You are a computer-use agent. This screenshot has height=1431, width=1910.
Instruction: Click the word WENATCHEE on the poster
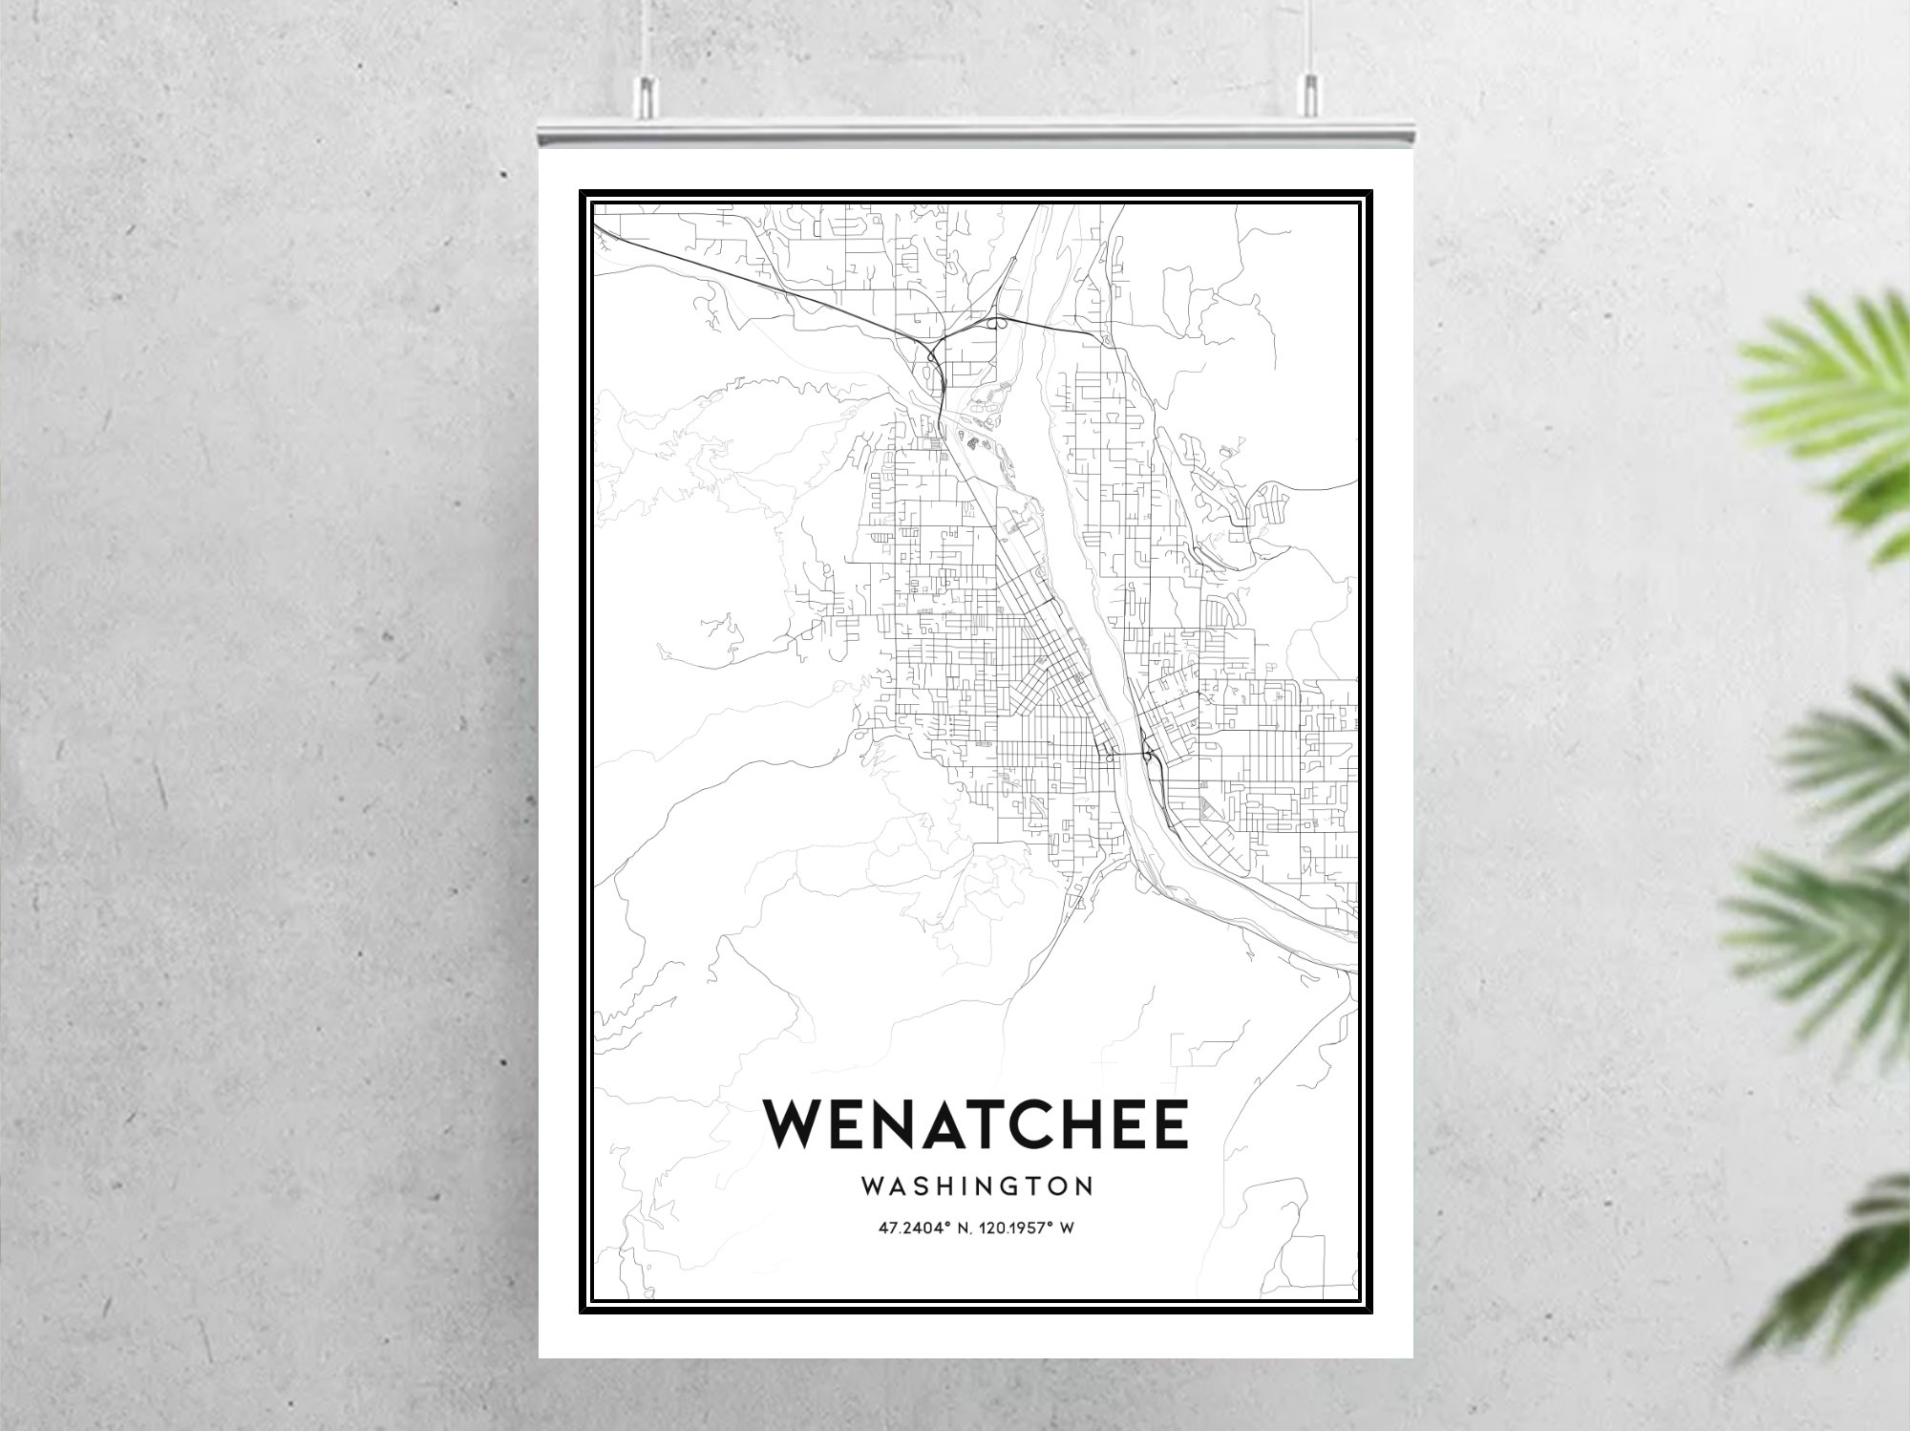point(975,1123)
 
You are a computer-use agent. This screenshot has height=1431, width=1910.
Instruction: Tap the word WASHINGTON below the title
point(977,1186)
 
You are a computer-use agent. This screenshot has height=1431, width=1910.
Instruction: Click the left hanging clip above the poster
point(647,92)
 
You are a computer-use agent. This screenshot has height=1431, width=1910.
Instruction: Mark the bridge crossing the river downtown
point(1127,755)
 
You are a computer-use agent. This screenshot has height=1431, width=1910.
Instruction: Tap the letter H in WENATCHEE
point(1081,1123)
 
